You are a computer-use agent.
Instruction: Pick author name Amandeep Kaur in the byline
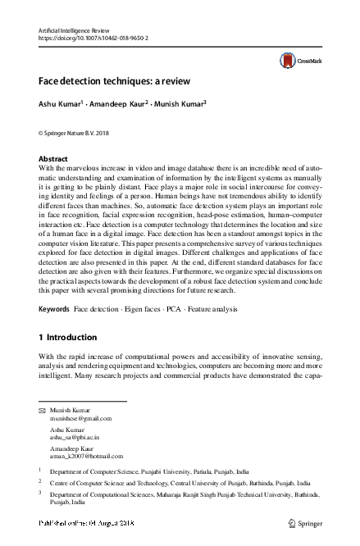point(121,104)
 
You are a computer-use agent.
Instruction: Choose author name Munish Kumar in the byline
point(181,104)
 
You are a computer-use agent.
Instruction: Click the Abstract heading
point(54,158)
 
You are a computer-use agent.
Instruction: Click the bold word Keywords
point(55,310)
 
